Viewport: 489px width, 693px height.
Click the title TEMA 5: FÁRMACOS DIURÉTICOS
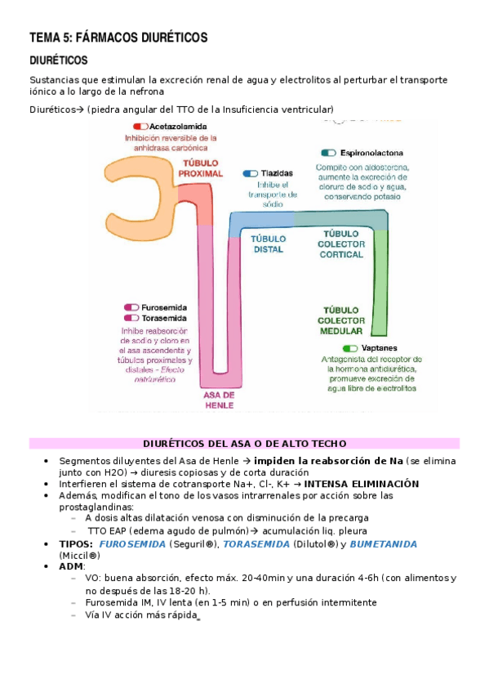(x=118, y=38)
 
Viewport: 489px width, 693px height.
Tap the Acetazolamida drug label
(x=178, y=127)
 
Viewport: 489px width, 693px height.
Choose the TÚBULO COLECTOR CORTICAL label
(x=341, y=244)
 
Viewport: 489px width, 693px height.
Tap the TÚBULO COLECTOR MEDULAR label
(x=341, y=321)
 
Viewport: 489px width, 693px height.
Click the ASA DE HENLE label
(x=219, y=400)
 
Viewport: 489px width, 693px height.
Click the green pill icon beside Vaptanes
(x=350, y=348)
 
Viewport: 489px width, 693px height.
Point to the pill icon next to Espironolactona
(x=329, y=153)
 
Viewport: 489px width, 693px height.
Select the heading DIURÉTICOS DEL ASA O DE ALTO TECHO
(x=244, y=444)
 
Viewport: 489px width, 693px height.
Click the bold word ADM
(x=72, y=566)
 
